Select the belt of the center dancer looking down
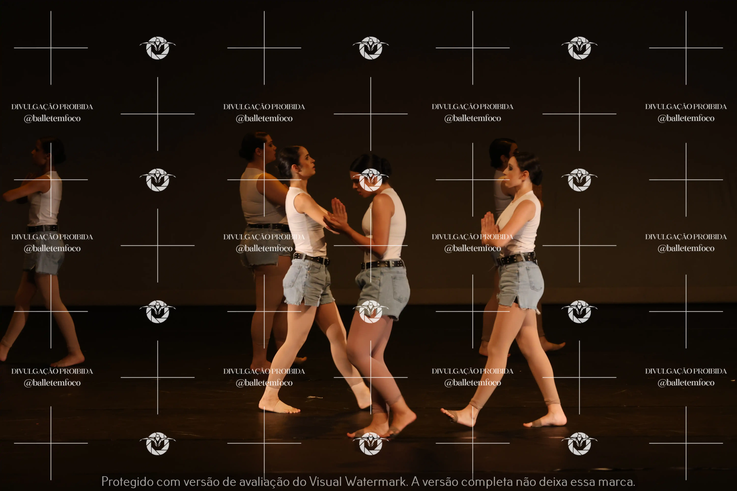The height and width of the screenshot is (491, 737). (382, 265)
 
